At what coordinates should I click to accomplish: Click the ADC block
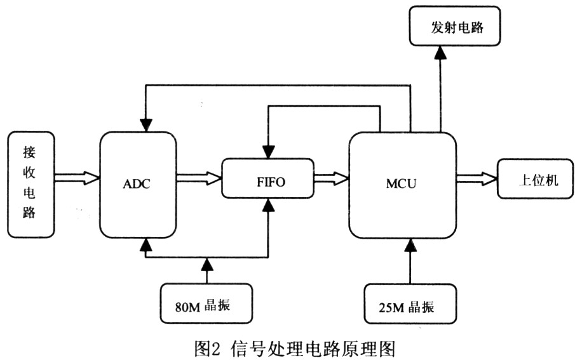[x=138, y=184]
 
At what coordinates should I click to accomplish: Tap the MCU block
[x=402, y=185]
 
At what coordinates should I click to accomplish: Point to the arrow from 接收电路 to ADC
[x=77, y=178]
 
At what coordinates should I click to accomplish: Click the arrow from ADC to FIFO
[x=198, y=178]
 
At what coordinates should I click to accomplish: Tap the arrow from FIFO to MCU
[x=331, y=178]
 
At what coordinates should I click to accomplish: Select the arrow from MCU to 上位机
[x=476, y=179]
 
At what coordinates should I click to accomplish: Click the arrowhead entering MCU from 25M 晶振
[x=410, y=243]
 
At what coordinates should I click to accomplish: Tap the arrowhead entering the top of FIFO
[x=269, y=152]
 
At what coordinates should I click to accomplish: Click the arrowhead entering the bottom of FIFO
[x=269, y=204]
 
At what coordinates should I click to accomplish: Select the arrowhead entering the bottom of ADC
[x=146, y=243]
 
